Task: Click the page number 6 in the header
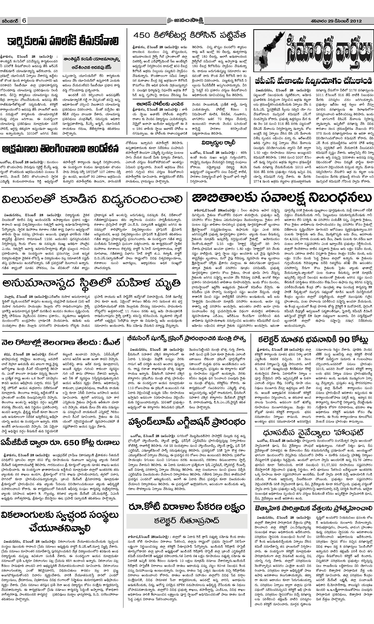pos(24,21)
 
